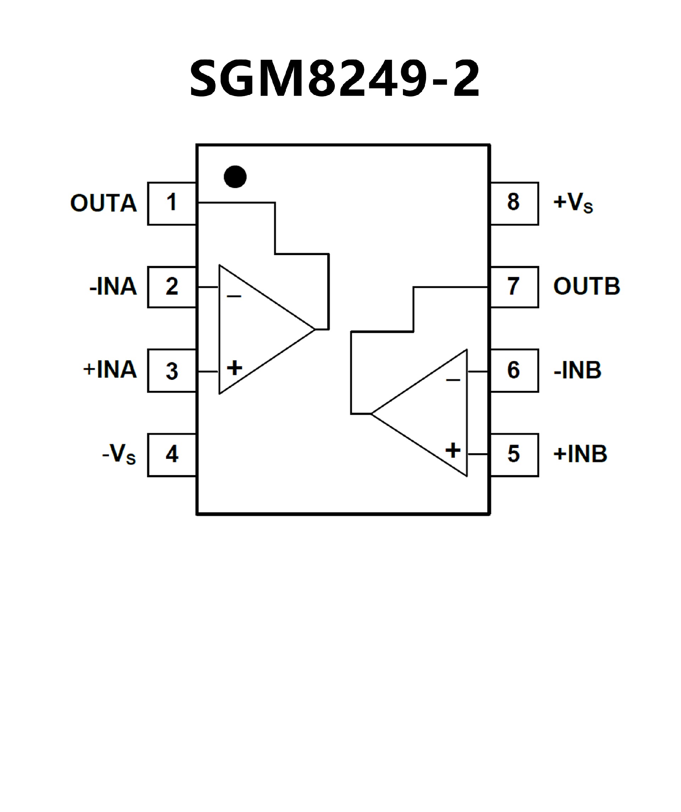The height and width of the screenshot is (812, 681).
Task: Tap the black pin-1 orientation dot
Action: coord(235,177)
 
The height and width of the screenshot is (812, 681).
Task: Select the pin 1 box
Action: coord(172,203)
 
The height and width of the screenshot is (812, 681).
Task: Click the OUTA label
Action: coord(104,203)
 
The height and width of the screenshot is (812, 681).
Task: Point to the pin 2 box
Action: coord(172,287)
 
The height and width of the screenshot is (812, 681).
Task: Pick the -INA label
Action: coord(113,286)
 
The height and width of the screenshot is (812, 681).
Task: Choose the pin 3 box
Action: coord(172,371)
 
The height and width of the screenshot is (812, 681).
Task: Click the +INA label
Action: coord(110,369)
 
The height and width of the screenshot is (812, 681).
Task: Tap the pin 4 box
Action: coord(172,455)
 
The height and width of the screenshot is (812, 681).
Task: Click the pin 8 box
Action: coord(514,203)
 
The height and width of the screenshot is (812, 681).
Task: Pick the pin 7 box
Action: coord(514,287)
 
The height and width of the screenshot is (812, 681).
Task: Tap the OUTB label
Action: coord(587,286)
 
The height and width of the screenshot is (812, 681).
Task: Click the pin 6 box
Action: coord(514,371)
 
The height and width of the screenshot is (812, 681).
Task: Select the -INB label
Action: coord(578,370)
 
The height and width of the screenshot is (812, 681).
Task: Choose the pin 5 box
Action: coord(514,455)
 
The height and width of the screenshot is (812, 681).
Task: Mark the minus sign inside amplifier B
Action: coord(453,380)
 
